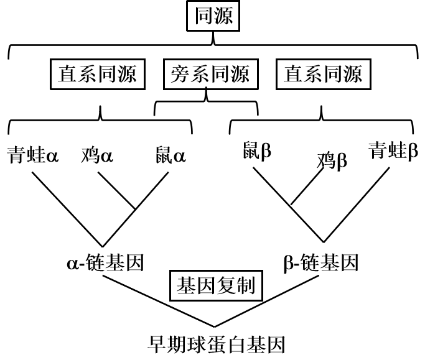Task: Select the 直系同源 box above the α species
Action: [98, 75]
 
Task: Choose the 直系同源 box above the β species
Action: [323, 75]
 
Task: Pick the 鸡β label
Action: [332, 161]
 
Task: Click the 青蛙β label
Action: [393, 151]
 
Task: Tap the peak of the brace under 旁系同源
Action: [206, 94]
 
